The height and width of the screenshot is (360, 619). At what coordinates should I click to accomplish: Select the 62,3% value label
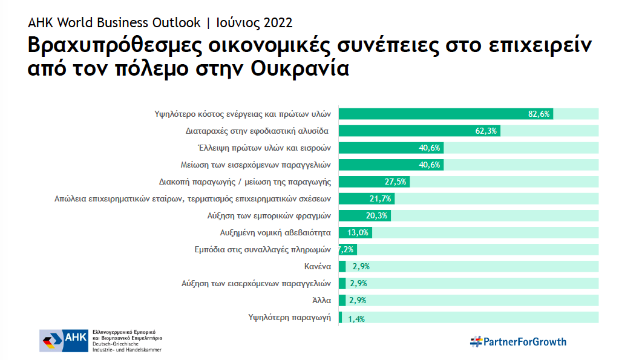487,131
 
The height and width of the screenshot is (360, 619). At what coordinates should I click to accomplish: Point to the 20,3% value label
378,215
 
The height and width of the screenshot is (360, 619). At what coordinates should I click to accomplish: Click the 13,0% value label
359,232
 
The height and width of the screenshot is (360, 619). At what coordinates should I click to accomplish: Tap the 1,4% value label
357,318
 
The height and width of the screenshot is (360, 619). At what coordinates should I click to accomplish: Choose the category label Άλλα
321,299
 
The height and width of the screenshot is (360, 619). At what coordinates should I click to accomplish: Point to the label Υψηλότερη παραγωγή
290,316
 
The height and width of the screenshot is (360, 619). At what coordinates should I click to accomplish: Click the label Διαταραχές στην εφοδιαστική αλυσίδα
258,130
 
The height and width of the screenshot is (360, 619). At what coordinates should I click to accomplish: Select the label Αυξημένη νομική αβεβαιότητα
275,232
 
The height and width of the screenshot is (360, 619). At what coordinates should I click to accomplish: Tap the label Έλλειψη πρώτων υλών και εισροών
264,147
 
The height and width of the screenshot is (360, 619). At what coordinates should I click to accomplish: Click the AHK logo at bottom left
63,341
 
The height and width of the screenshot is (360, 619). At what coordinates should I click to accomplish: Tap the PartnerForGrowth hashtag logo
519,342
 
